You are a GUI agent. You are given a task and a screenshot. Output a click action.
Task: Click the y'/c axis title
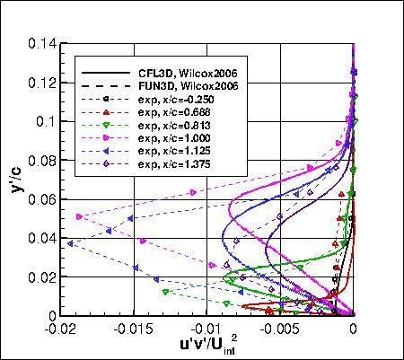pyautogui.click(x=15, y=175)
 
